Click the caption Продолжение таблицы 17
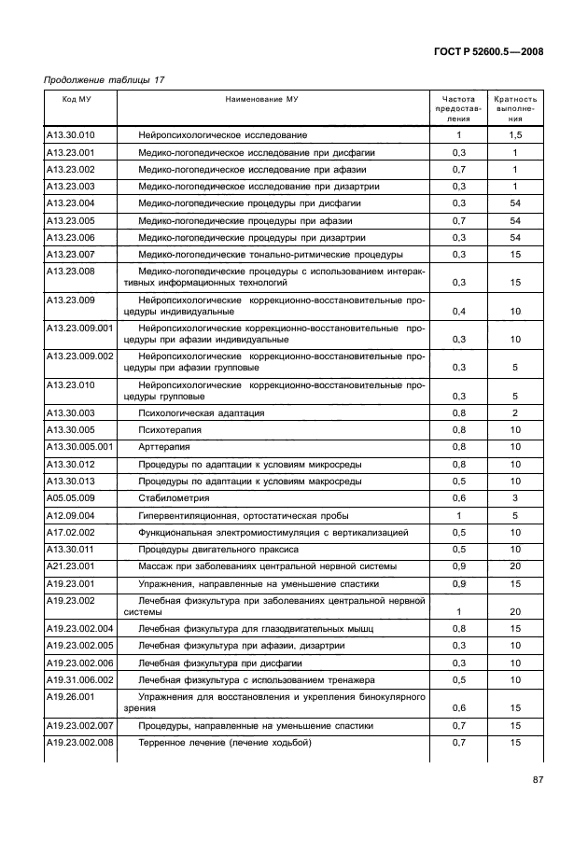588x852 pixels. (105, 80)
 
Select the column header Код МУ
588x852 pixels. (77, 98)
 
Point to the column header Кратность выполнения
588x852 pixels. (515, 108)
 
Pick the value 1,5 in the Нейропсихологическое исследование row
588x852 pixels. (515, 135)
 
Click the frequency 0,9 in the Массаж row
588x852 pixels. (458, 566)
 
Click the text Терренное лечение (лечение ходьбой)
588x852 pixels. (224, 743)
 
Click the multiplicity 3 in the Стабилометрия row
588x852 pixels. (515, 498)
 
